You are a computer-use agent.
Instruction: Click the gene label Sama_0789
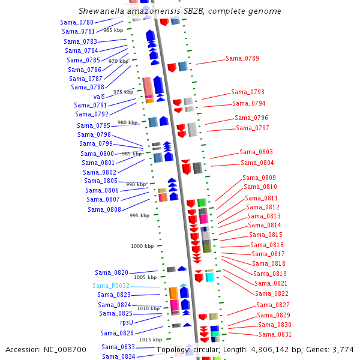(242, 58)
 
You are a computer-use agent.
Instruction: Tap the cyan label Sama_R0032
(111, 286)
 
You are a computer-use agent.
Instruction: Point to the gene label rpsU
(127, 322)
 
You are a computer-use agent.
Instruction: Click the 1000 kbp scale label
(142, 246)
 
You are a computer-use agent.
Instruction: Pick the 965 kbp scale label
(113, 29)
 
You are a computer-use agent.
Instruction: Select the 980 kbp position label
(127, 122)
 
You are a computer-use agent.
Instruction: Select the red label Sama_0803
(256, 152)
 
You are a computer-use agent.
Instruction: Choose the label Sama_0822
(272, 293)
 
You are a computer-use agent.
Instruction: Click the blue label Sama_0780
(77, 22)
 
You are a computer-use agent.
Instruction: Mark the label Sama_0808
(104, 209)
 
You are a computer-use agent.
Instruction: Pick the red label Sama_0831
(275, 334)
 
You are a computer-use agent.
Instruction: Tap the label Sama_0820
(111, 272)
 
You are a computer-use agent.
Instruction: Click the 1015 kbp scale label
(151, 340)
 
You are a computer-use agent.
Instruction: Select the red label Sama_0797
(253, 128)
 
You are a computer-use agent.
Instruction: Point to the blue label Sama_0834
(118, 356)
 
